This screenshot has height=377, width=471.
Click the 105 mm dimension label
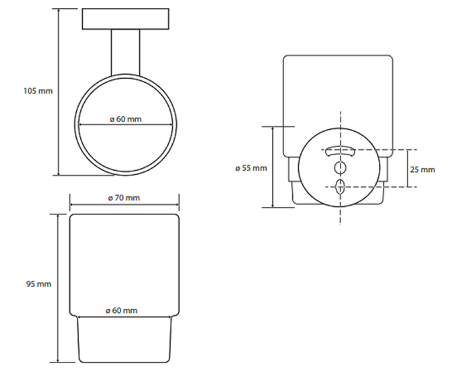click(38, 91)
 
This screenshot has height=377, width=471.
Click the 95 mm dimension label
click(39, 284)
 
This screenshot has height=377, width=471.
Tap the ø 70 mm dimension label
click(124, 198)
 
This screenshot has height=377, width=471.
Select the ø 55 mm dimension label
click(251, 168)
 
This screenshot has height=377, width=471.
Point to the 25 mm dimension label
click(423, 170)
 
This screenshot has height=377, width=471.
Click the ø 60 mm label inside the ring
click(125, 119)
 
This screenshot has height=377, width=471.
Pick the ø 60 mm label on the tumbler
click(122, 310)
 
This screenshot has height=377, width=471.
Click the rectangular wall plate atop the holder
click(125, 19)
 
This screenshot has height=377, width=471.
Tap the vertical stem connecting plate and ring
click(125, 52)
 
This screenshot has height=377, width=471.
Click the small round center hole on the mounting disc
click(340, 168)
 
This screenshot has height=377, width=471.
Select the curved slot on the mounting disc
click(340, 151)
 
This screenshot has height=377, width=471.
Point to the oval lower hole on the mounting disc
click(340, 187)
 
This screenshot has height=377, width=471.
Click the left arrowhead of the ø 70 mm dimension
click(71, 205)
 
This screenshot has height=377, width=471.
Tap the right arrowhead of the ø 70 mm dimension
click(178, 205)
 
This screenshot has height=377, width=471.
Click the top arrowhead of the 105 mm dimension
click(58, 11)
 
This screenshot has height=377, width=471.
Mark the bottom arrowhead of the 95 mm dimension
click(58, 360)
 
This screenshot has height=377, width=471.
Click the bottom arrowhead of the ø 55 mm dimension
click(273, 206)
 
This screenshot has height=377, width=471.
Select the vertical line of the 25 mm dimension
click(407, 168)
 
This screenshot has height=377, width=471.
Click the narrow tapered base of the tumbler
click(124, 339)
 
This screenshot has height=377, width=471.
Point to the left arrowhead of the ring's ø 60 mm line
click(81, 124)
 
